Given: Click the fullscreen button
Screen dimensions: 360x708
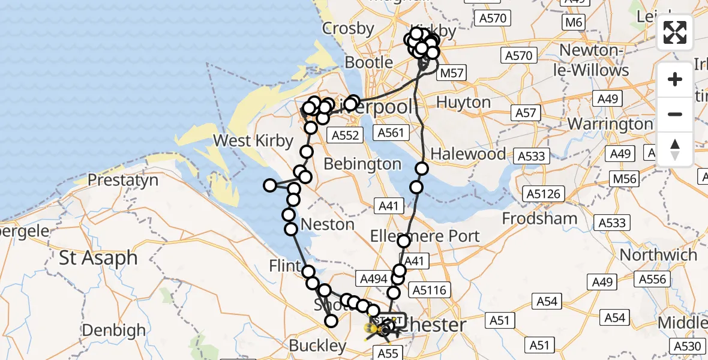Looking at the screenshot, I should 675,32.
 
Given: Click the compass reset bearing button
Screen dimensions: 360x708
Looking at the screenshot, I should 675,149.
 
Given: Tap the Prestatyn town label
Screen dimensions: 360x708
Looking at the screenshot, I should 123,180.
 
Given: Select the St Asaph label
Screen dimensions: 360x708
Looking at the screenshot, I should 98,259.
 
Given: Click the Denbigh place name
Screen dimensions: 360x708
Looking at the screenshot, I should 113,330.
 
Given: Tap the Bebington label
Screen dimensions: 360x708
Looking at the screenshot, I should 362,164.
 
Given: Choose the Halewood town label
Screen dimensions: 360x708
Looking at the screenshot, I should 469,154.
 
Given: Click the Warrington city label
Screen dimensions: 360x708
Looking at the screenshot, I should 610,124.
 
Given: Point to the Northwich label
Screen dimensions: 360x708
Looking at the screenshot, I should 658,255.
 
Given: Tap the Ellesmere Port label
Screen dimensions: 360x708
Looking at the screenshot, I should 425,236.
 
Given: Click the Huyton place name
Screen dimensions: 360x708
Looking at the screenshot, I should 463,103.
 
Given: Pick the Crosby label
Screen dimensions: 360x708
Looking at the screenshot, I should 348,28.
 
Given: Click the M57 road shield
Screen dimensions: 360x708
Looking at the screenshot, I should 451,74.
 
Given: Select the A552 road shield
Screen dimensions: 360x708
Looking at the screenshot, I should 346,136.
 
